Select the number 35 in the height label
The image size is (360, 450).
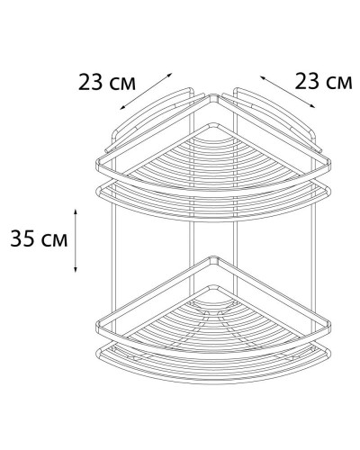point(22,240)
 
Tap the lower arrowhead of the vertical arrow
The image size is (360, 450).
point(76,270)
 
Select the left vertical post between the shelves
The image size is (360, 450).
point(113,243)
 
